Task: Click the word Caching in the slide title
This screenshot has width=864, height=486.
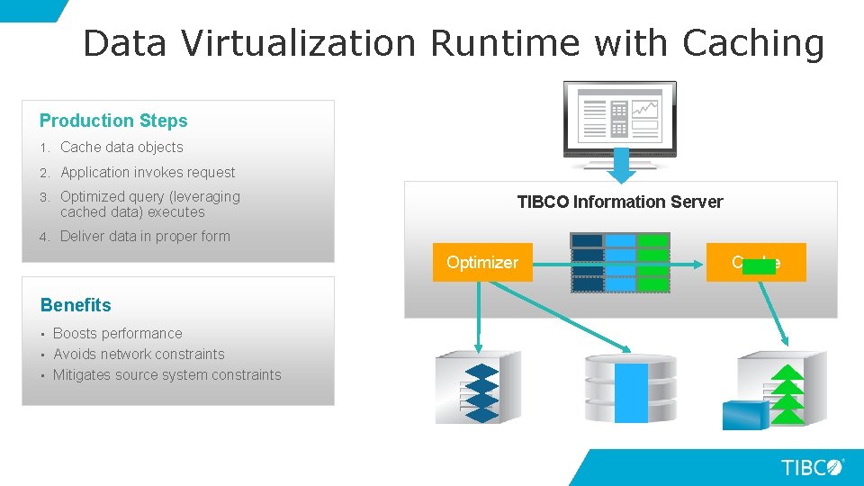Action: tap(752, 42)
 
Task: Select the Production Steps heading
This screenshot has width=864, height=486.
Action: tap(113, 121)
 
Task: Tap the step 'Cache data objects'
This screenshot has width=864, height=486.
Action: tap(121, 147)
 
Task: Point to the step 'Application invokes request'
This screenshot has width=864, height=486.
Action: tap(148, 172)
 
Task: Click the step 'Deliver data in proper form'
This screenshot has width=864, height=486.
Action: tap(145, 236)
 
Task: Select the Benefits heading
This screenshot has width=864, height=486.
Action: tap(76, 305)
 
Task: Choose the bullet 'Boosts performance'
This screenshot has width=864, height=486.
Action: tap(117, 333)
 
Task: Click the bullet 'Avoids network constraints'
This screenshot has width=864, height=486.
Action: tap(139, 354)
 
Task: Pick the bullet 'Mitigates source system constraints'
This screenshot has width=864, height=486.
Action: tap(166, 374)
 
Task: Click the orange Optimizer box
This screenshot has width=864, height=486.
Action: tap(482, 263)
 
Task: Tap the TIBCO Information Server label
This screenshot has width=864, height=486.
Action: tap(620, 202)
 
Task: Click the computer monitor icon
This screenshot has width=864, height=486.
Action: tap(619, 117)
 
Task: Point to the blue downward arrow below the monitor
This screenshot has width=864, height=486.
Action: tap(619, 163)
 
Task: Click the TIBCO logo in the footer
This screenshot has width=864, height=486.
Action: tap(812, 467)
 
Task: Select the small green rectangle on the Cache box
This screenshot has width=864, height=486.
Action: tap(759, 266)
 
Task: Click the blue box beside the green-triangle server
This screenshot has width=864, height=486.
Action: tap(745, 415)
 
